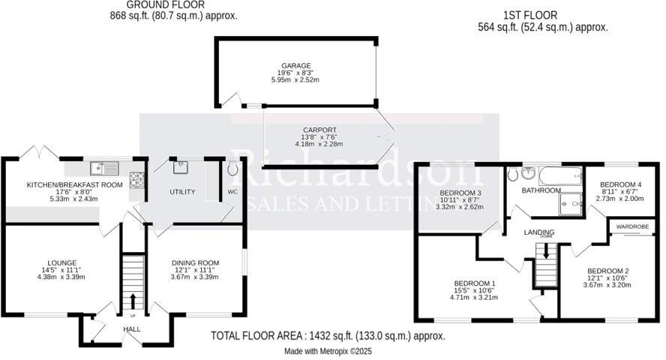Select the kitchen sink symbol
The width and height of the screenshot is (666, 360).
pyautogui.click(x=104, y=168)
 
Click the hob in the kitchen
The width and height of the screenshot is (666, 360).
pyautogui.click(x=138, y=180)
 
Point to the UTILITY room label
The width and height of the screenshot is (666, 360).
pyautogui.click(x=182, y=193)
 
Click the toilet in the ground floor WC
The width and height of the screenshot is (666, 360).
pyautogui.click(x=232, y=169)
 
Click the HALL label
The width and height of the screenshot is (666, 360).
pyautogui.click(x=132, y=329)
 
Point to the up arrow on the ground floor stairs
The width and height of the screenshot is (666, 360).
pyautogui.click(x=133, y=301)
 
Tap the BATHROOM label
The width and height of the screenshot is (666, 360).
pyautogui.click(x=541, y=191)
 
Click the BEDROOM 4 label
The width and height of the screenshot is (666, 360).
pyautogui.click(x=619, y=184)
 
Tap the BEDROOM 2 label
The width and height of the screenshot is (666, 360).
pyautogui.click(x=607, y=271)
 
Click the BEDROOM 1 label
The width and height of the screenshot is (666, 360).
pyautogui.click(x=475, y=283)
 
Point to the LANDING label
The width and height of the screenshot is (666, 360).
pyautogui.click(x=539, y=232)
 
